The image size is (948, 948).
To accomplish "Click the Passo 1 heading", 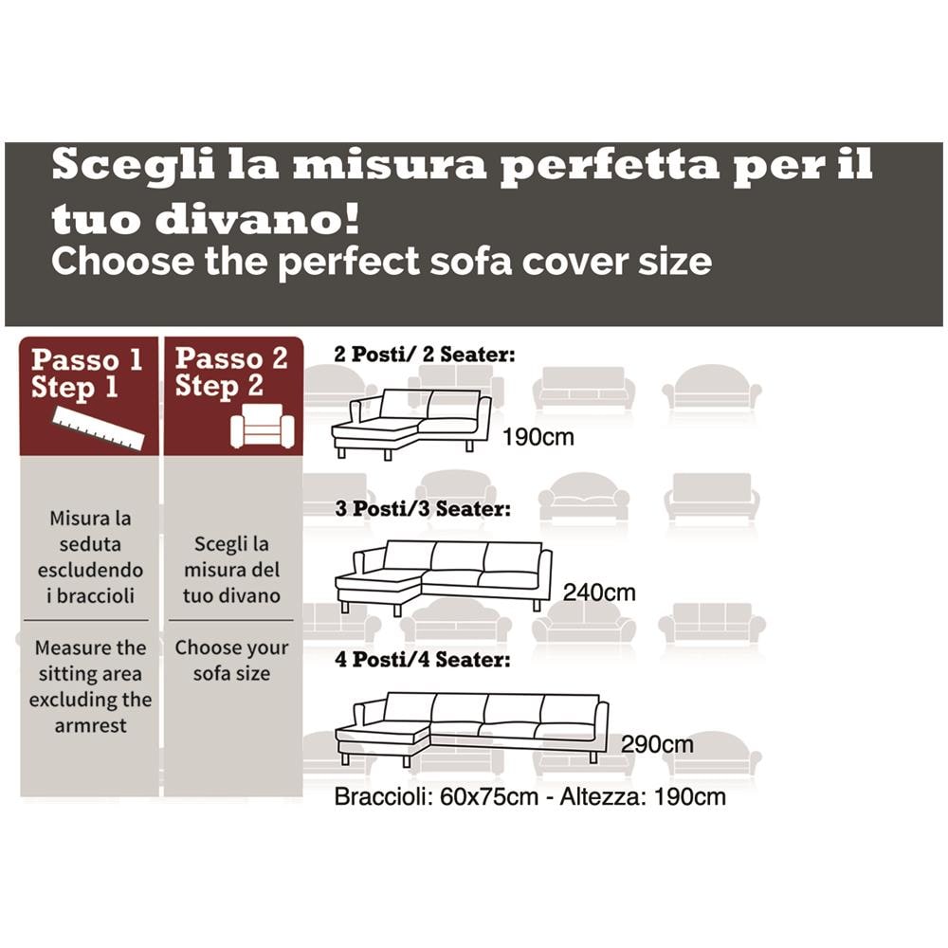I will pos(87,360).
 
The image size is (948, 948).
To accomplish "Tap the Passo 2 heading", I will pos(231,358).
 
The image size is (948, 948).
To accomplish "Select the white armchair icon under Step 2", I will pos(263,426).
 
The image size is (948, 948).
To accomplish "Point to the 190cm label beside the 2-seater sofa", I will pos(538,438).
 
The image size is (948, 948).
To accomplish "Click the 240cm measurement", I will pos(599,592).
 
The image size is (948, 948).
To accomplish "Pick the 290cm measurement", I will pos(657,744).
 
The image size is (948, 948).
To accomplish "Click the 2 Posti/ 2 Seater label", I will pos(425,355).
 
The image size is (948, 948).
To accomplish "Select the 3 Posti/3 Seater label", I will pos(423,509).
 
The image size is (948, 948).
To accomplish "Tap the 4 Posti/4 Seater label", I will pos(423,659).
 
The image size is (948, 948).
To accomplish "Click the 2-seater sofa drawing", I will pos(410,424).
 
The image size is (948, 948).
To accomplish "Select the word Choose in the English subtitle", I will pos(113,260).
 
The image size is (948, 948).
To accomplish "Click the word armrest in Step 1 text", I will pos(90,725).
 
